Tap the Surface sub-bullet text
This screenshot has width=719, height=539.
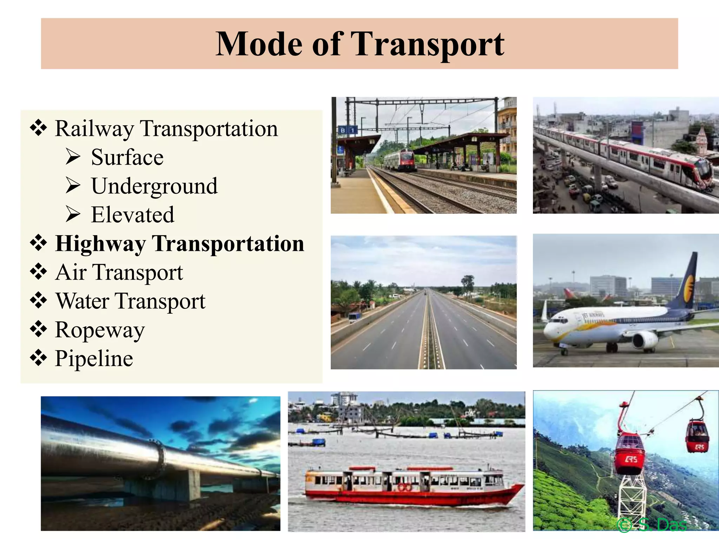(127, 157)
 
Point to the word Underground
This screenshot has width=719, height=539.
(154, 186)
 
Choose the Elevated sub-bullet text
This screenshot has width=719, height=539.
(132, 215)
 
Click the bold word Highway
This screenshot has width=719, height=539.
(100, 244)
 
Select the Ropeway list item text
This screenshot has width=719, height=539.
(100, 330)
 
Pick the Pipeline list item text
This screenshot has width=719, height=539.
(94, 359)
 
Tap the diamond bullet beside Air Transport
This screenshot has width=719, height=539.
(38, 272)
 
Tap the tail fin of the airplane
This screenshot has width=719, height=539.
(686, 281)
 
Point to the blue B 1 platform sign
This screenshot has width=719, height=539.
(347, 130)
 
